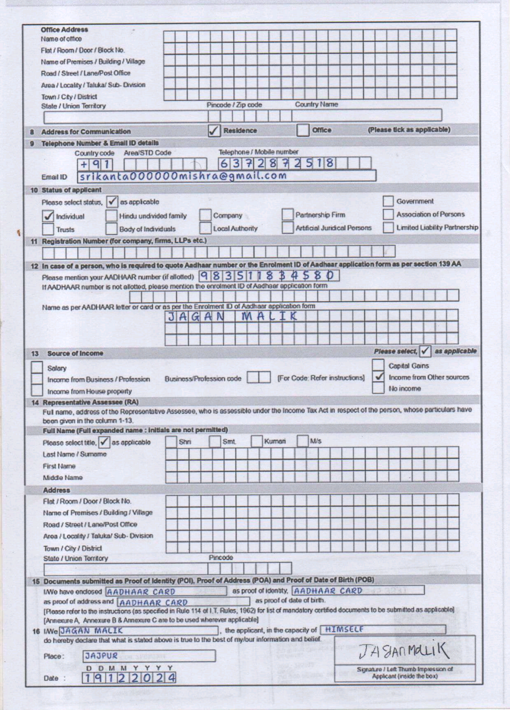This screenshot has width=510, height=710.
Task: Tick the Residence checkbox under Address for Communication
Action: pos(215,131)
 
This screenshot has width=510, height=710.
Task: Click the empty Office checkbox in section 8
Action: pos(303,130)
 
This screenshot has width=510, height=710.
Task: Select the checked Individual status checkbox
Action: pos(48,216)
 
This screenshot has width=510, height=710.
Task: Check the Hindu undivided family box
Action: pos(111,216)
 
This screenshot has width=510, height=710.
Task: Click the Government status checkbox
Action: pos(388,202)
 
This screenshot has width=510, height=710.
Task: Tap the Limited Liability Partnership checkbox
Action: pos(388,228)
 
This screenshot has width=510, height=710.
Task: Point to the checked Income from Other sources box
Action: pos(378,377)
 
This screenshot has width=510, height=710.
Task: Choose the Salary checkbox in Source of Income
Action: pos(37,368)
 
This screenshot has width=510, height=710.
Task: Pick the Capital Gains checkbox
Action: pos(378,365)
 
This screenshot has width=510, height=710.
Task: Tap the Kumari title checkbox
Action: pos(256,442)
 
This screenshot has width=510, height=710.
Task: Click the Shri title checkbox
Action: pos(171,442)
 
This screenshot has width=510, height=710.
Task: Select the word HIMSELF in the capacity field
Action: pos(344,629)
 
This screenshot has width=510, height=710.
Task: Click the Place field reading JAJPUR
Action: pos(149,656)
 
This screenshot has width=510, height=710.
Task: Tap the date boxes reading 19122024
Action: pos(130,678)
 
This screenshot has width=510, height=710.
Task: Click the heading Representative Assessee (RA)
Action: pos(91,403)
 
